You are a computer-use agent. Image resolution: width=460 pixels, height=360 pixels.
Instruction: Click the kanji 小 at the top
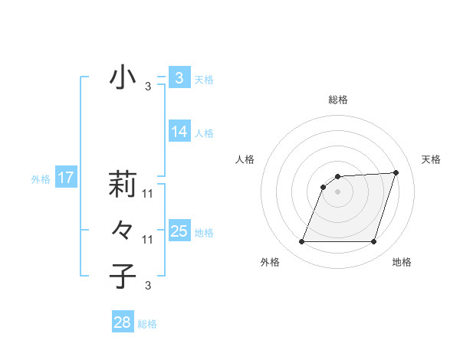tap(123, 77)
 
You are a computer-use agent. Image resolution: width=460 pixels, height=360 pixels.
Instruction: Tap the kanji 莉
tap(123, 184)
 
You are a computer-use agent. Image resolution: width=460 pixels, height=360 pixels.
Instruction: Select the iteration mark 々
tap(123, 229)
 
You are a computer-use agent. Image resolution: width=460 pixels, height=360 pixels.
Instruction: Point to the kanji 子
tap(123, 276)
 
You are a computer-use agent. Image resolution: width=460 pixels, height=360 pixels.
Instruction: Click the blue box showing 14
tap(179, 132)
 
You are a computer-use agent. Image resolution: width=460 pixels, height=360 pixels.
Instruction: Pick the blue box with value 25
tap(179, 231)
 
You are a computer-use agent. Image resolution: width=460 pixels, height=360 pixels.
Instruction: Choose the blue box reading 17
tap(65, 178)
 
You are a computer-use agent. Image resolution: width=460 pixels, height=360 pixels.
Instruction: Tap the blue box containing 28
tap(123, 322)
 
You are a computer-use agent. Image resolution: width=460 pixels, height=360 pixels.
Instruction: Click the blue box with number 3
tap(179, 78)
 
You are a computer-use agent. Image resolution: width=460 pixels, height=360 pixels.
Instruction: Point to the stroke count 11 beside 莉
tap(148, 194)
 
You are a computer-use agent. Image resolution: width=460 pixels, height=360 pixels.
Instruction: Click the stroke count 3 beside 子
tap(148, 286)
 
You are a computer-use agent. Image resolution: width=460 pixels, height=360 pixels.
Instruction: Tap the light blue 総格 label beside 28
tap(147, 324)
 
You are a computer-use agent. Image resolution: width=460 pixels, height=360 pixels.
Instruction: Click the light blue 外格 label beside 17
tap(41, 179)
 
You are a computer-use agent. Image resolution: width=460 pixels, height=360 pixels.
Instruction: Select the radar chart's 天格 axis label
tap(432, 159)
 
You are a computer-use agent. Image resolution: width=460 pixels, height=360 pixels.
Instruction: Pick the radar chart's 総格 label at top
tap(337, 100)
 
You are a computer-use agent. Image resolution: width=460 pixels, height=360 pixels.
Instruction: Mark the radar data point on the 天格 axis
tap(396, 172)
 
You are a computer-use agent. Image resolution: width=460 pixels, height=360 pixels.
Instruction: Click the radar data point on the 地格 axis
tap(373, 242)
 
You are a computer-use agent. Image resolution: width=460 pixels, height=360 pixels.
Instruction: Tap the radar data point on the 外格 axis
tap(301, 242)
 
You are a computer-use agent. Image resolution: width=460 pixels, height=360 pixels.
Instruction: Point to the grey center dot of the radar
tap(337, 191)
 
